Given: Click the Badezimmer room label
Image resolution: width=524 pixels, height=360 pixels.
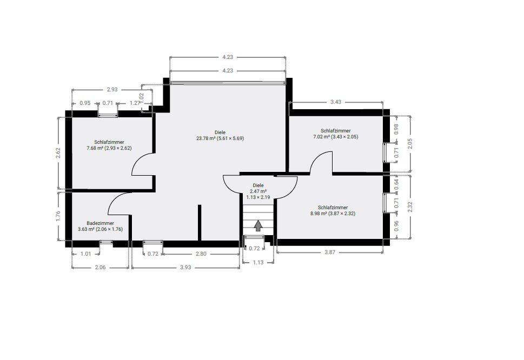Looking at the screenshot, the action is click(100, 226).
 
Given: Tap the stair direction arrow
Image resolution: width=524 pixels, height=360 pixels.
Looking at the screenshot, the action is click(257, 225).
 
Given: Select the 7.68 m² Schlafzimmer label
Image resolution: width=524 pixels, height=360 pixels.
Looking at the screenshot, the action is click(109, 145).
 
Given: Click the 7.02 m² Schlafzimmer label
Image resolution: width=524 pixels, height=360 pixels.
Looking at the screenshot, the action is click(335, 134).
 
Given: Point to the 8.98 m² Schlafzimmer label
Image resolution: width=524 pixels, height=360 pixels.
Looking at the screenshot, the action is click(333, 210).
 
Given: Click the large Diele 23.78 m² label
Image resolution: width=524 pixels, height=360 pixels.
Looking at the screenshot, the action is click(220, 135).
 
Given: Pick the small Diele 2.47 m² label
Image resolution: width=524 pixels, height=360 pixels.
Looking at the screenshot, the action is click(258, 191).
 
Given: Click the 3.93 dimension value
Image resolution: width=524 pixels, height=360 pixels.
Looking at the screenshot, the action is click(185, 267).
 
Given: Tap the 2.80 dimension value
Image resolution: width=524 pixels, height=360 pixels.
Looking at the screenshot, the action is click(201, 254).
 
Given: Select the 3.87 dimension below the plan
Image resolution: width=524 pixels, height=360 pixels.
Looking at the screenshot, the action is click(330, 252).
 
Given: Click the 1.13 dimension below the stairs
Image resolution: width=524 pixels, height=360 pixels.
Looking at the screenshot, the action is click(258, 263).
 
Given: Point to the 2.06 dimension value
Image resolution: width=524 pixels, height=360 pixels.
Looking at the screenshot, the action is click(100, 267).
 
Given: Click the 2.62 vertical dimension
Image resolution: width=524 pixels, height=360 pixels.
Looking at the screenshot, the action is click(58, 153).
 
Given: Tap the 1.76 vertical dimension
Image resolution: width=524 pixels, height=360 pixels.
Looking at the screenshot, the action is click(58, 216).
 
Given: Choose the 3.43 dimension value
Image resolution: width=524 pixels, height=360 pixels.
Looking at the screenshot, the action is click(336, 102).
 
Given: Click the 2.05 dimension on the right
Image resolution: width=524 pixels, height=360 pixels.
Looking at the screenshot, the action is click(410, 144).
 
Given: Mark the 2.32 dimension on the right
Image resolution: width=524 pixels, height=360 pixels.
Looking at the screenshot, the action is click(410, 206).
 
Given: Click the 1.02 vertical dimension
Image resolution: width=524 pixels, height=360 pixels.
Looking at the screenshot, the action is click(141, 97).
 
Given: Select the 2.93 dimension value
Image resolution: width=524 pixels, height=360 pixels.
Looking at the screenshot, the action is click(112, 90).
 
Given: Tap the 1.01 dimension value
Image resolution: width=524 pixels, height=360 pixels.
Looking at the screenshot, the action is click(86, 254).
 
